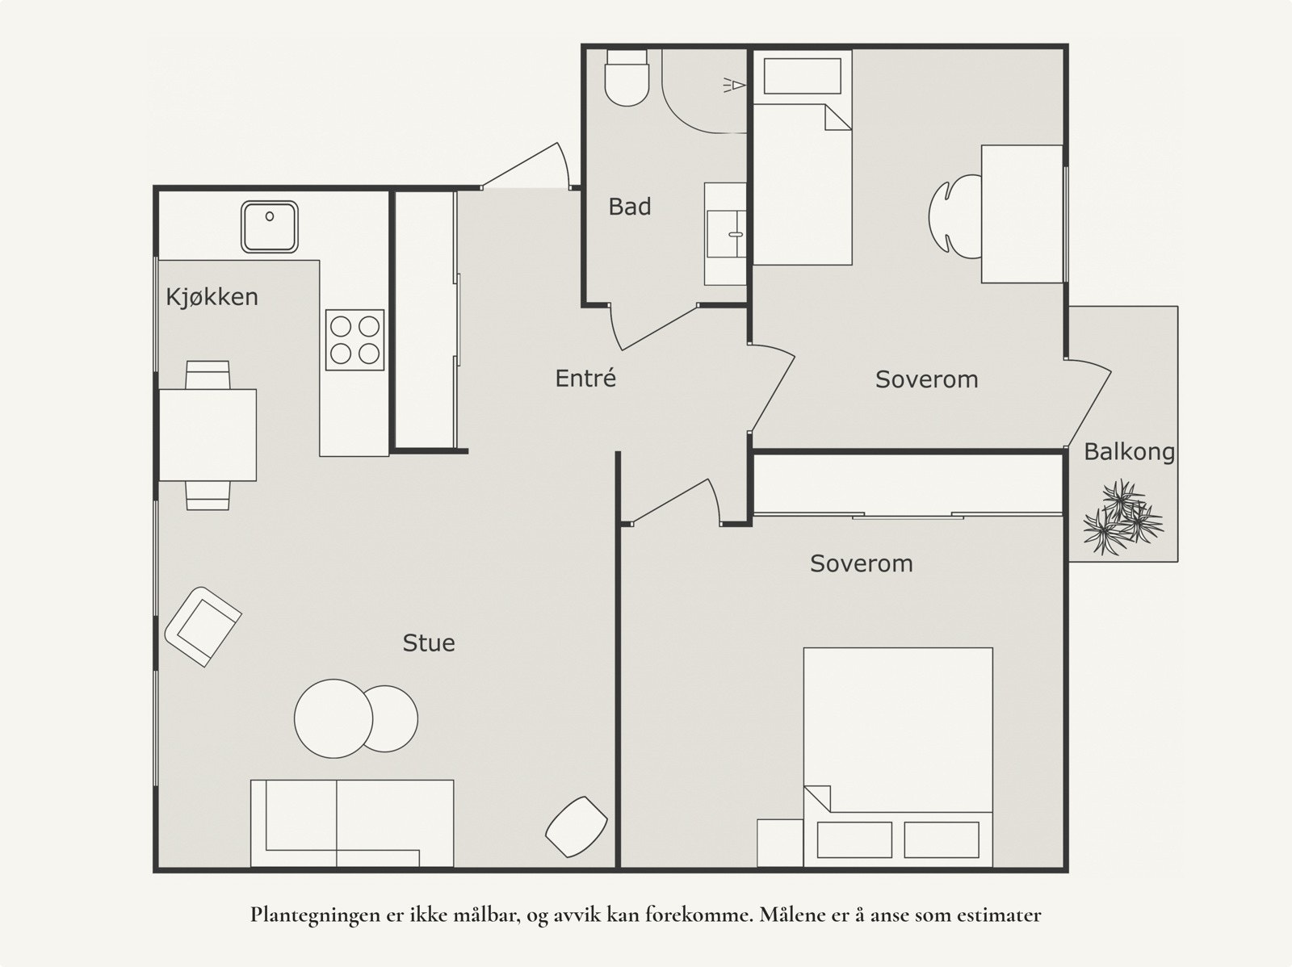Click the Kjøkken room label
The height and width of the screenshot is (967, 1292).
pyautogui.click(x=212, y=298)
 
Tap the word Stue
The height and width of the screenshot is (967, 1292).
pyautogui.click(x=429, y=643)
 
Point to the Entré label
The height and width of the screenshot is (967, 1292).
pyautogui.click(x=585, y=379)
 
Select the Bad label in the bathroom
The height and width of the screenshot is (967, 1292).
pyautogui.click(x=629, y=207)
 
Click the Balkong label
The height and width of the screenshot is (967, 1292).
pyautogui.click(x=1129, y=452)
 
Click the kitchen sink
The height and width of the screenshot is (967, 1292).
pyautogui.click(x=269, y=227)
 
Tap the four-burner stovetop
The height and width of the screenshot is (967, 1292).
pyautogui.click(x=354, y=340)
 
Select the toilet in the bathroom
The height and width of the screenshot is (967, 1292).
pyautogui.click(x=627, y=77)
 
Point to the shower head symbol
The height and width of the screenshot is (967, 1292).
pyautogui.click(x=734, y=86)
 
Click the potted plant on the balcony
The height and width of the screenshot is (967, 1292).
pyautogui.click(x=1122, y=517)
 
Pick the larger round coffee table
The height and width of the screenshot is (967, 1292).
pyautogui.click(x=333, y=718)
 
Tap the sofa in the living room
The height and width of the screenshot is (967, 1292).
pyautogui.click(x=352, y=823)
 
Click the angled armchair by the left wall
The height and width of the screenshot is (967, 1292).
pyautogui.click(x=203, y=626)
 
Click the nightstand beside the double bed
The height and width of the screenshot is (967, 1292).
pyautogui.click(x=780, y=843)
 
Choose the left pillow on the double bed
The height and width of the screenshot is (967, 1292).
pyautogui.click(x=854, y=840)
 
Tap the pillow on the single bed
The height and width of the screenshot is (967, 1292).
pyautogui.click(x=803, y=76)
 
